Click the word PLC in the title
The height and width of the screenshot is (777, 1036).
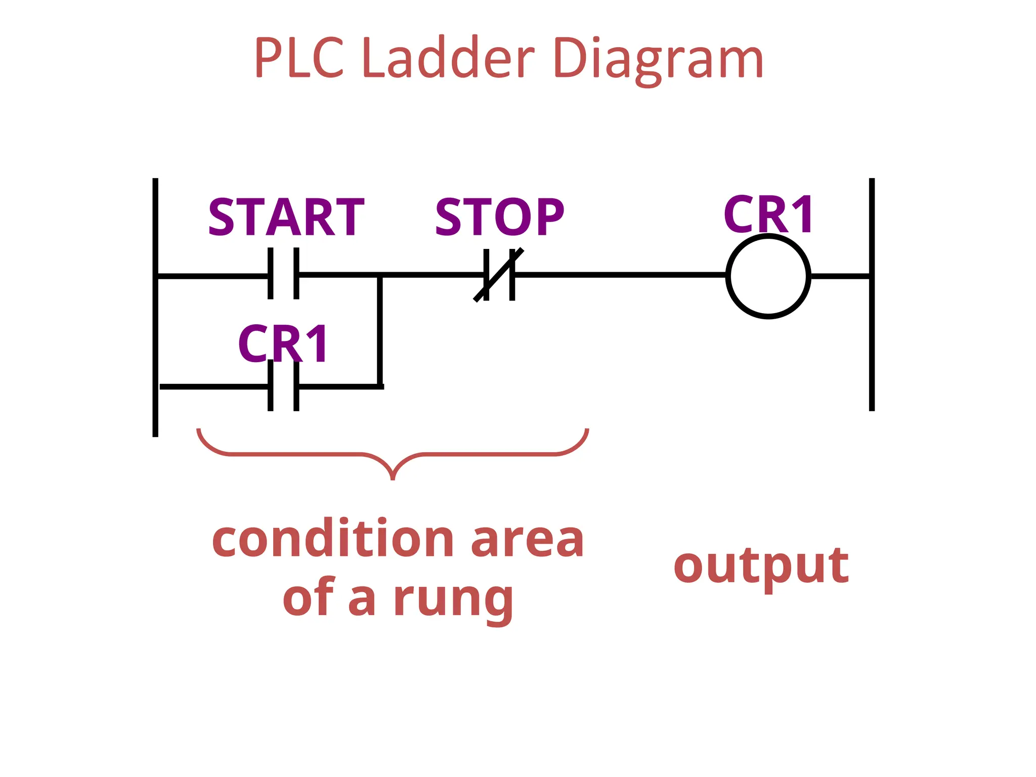pos(298,58)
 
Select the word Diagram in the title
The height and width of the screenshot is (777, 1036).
pos(659,60)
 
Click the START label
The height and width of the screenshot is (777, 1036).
pos(286,218)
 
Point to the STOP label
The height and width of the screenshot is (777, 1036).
pos(499,218)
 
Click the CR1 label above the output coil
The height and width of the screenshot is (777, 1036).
pos(768,214)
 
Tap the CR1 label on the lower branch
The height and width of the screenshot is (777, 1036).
pos(283,344)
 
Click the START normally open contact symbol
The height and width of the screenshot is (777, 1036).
pos(283,274)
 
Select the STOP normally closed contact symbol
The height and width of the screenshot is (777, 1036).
pos(499,275)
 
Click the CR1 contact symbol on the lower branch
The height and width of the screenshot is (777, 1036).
pos(283,386)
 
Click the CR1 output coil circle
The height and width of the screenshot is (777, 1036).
pos(768,276)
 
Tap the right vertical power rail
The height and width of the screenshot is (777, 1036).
pos(872,344)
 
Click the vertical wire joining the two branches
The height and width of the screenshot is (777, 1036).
pos(379,331)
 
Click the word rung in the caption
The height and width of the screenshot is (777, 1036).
pos(453,599)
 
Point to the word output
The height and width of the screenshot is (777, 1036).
pos(761,566)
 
